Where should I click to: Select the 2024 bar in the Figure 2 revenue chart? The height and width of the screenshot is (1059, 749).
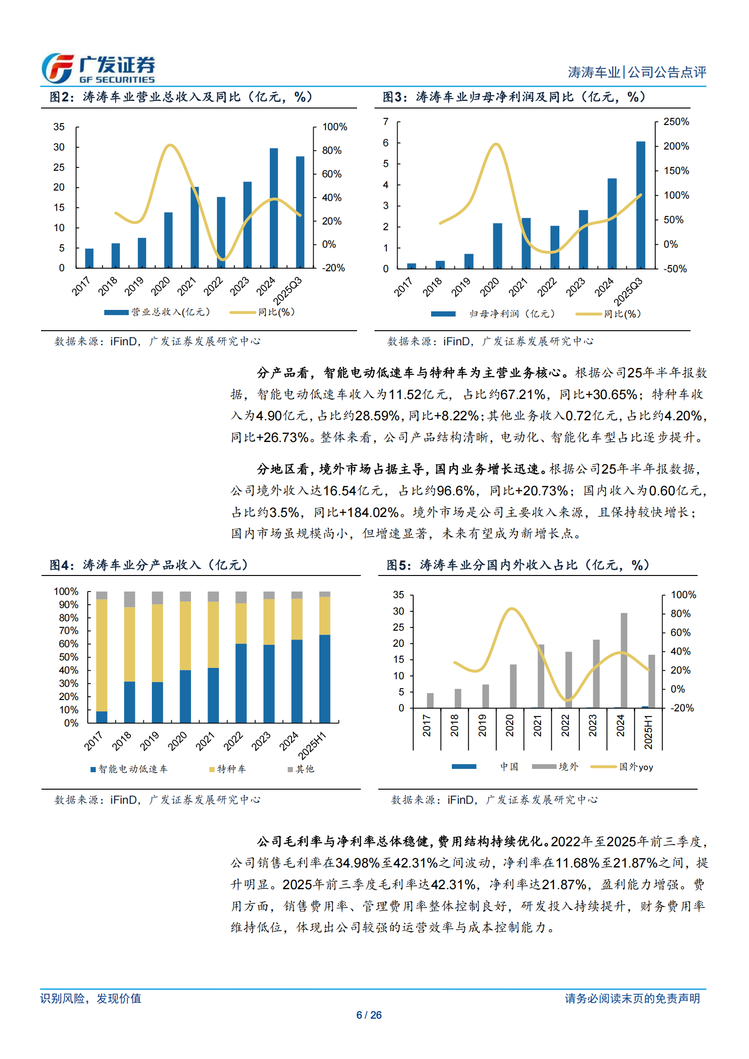pos(274,208)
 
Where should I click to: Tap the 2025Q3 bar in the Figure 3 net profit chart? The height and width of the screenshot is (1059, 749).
pos(640,205)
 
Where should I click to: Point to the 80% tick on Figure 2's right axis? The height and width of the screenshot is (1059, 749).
pos(332,150)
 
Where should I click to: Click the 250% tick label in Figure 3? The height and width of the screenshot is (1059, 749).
pos(676,122)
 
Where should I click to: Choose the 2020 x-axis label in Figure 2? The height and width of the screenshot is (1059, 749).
pos(160,286)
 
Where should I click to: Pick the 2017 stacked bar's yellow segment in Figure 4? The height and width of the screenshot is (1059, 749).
pos(101,655)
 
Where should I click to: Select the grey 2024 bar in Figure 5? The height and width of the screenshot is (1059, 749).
pos(624,660)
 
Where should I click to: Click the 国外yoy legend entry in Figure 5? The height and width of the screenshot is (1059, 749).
pos(635,767)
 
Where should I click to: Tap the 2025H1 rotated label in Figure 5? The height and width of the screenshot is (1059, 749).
pos(649,732)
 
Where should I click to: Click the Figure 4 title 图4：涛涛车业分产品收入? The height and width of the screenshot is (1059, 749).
pos(149,565)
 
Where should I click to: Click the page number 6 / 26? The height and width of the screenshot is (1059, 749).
pos(369,1015)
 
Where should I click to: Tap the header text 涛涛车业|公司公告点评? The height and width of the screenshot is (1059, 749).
pos(636,72)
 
